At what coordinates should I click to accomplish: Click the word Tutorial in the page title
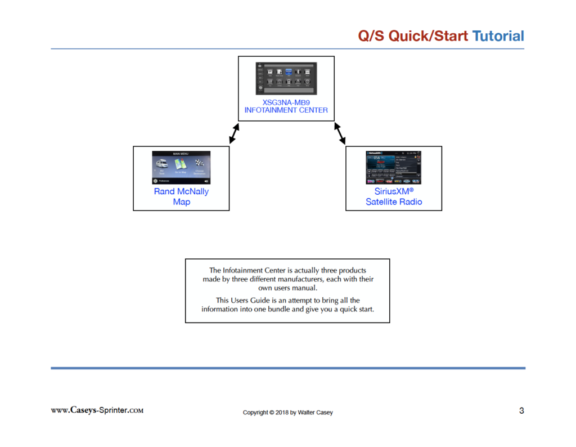pos(498,36)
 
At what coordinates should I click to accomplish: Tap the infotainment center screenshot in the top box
pos(286,78)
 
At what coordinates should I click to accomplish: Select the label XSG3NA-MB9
pos(286,103)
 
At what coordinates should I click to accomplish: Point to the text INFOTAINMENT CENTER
pos(286,110)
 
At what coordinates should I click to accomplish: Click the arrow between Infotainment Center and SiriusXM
pos(339,133)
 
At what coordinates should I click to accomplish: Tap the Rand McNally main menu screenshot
pos(181,168)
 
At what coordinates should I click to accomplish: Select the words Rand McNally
pos(181,191)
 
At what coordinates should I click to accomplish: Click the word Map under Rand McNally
pos(181,202)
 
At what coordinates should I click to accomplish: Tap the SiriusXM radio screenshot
pos(394,168)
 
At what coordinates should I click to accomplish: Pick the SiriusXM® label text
pos(394,191)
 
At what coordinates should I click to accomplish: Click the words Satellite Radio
pos(394,202)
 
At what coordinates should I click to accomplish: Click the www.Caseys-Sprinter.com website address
pos(97,410)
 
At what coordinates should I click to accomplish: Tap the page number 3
pos(521,410)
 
